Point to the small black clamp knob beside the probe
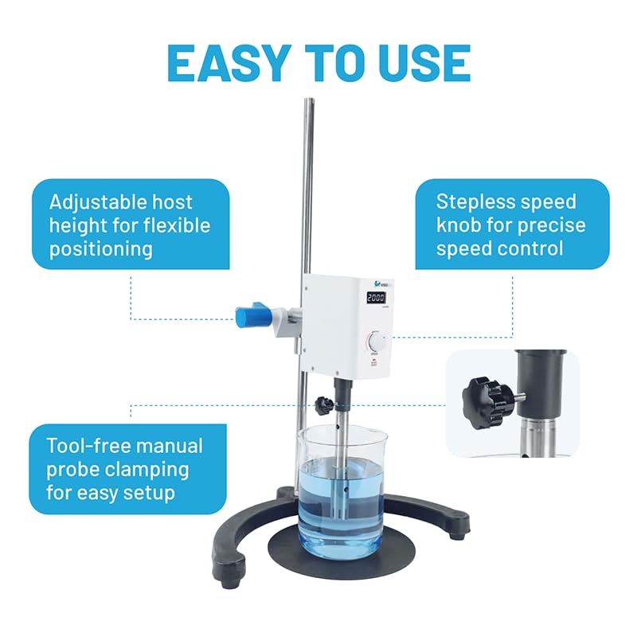pyautogui.click(x=323, y=404)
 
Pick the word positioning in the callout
pyautogui.click(x=100, y=248)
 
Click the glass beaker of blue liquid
pyautogui.click(x=342, y=494)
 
